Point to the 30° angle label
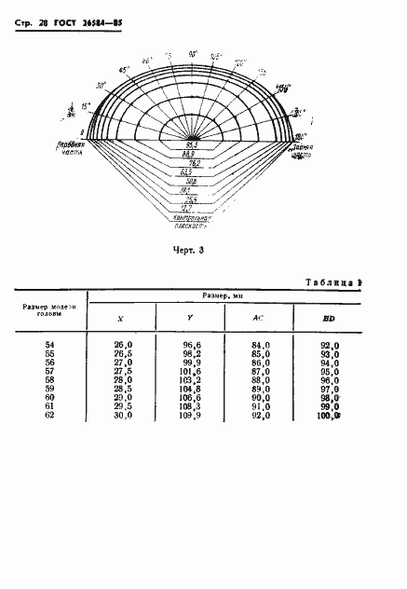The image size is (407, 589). pos(102,85)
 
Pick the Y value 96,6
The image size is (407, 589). pos(191,345)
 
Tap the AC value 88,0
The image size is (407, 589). pos(261,379)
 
